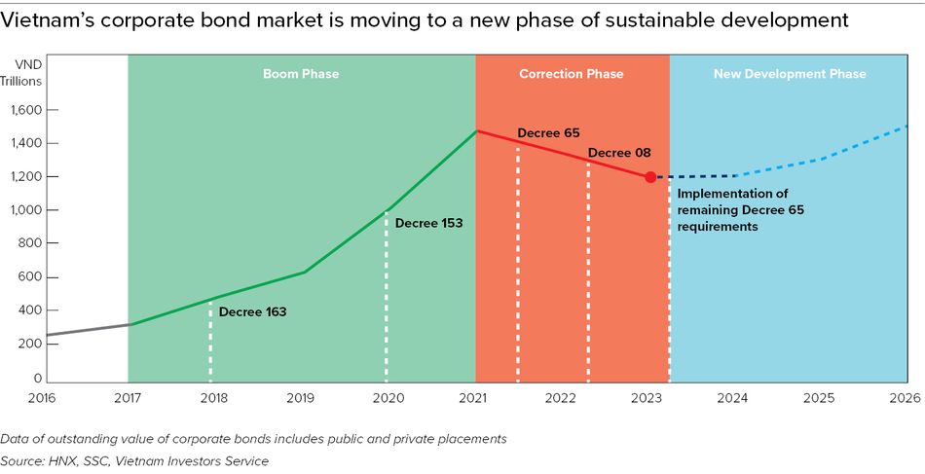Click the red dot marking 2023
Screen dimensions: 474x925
649,177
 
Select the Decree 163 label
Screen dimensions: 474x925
252,312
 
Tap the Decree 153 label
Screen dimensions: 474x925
428,223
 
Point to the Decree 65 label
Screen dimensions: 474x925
548,132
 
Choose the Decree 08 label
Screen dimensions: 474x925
619,153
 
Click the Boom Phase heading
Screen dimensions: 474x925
301,74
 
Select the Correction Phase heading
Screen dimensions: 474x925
572,74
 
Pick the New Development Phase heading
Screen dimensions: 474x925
790,74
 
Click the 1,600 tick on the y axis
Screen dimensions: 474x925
27,111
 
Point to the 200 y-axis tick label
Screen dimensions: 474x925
32,344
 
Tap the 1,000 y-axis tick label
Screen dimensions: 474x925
27,210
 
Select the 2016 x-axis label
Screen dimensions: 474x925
42,398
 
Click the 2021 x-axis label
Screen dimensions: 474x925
474,398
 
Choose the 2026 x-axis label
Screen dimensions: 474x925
906,398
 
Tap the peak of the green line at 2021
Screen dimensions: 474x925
475,130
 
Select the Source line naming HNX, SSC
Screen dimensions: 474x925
134,460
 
